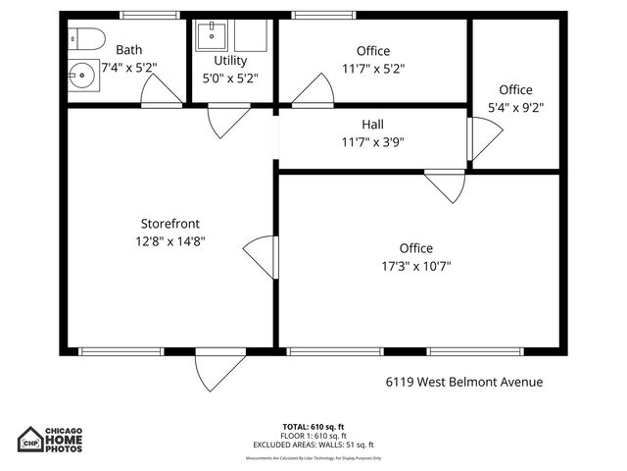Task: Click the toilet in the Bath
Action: coord(87,39)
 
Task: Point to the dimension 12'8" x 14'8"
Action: coord(171,240)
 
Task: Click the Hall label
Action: coord(372,125)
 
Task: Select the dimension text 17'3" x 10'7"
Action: coord(415,266)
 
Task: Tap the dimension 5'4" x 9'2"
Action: coord(515,107)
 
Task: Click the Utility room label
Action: coord(230,60)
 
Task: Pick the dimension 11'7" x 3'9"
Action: coord(372,142)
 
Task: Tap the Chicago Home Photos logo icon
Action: coord(31,441)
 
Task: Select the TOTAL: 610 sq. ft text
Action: coord(313,427)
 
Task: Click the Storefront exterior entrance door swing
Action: coord(218,371)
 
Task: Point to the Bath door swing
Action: coord(157,90)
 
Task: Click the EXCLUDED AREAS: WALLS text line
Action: coord(313,444)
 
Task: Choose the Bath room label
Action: coord(129,50)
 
